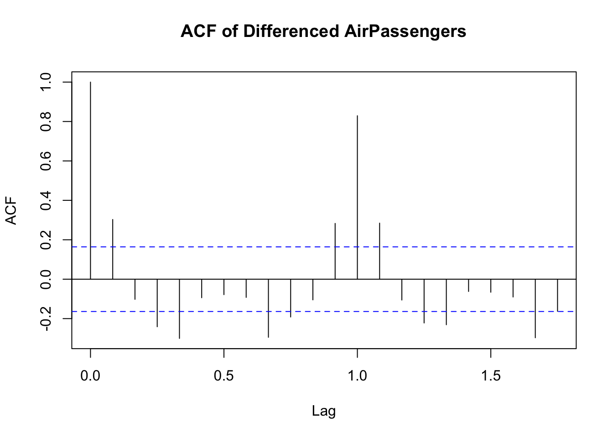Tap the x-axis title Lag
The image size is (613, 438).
(324, 411)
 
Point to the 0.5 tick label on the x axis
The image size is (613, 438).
(223, 376)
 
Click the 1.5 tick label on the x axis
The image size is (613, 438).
(490, 376)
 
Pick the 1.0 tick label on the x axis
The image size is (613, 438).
(357, 376)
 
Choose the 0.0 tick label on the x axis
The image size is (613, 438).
(90, 376)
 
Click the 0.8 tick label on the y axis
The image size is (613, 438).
(46, 121)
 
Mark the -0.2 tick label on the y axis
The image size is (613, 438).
(46, 318)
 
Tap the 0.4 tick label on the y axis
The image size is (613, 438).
(46, 200)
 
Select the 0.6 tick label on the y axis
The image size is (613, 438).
(46, 161)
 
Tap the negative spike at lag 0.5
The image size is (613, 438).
(224, 287)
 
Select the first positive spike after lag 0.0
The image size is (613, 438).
(113, 249)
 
